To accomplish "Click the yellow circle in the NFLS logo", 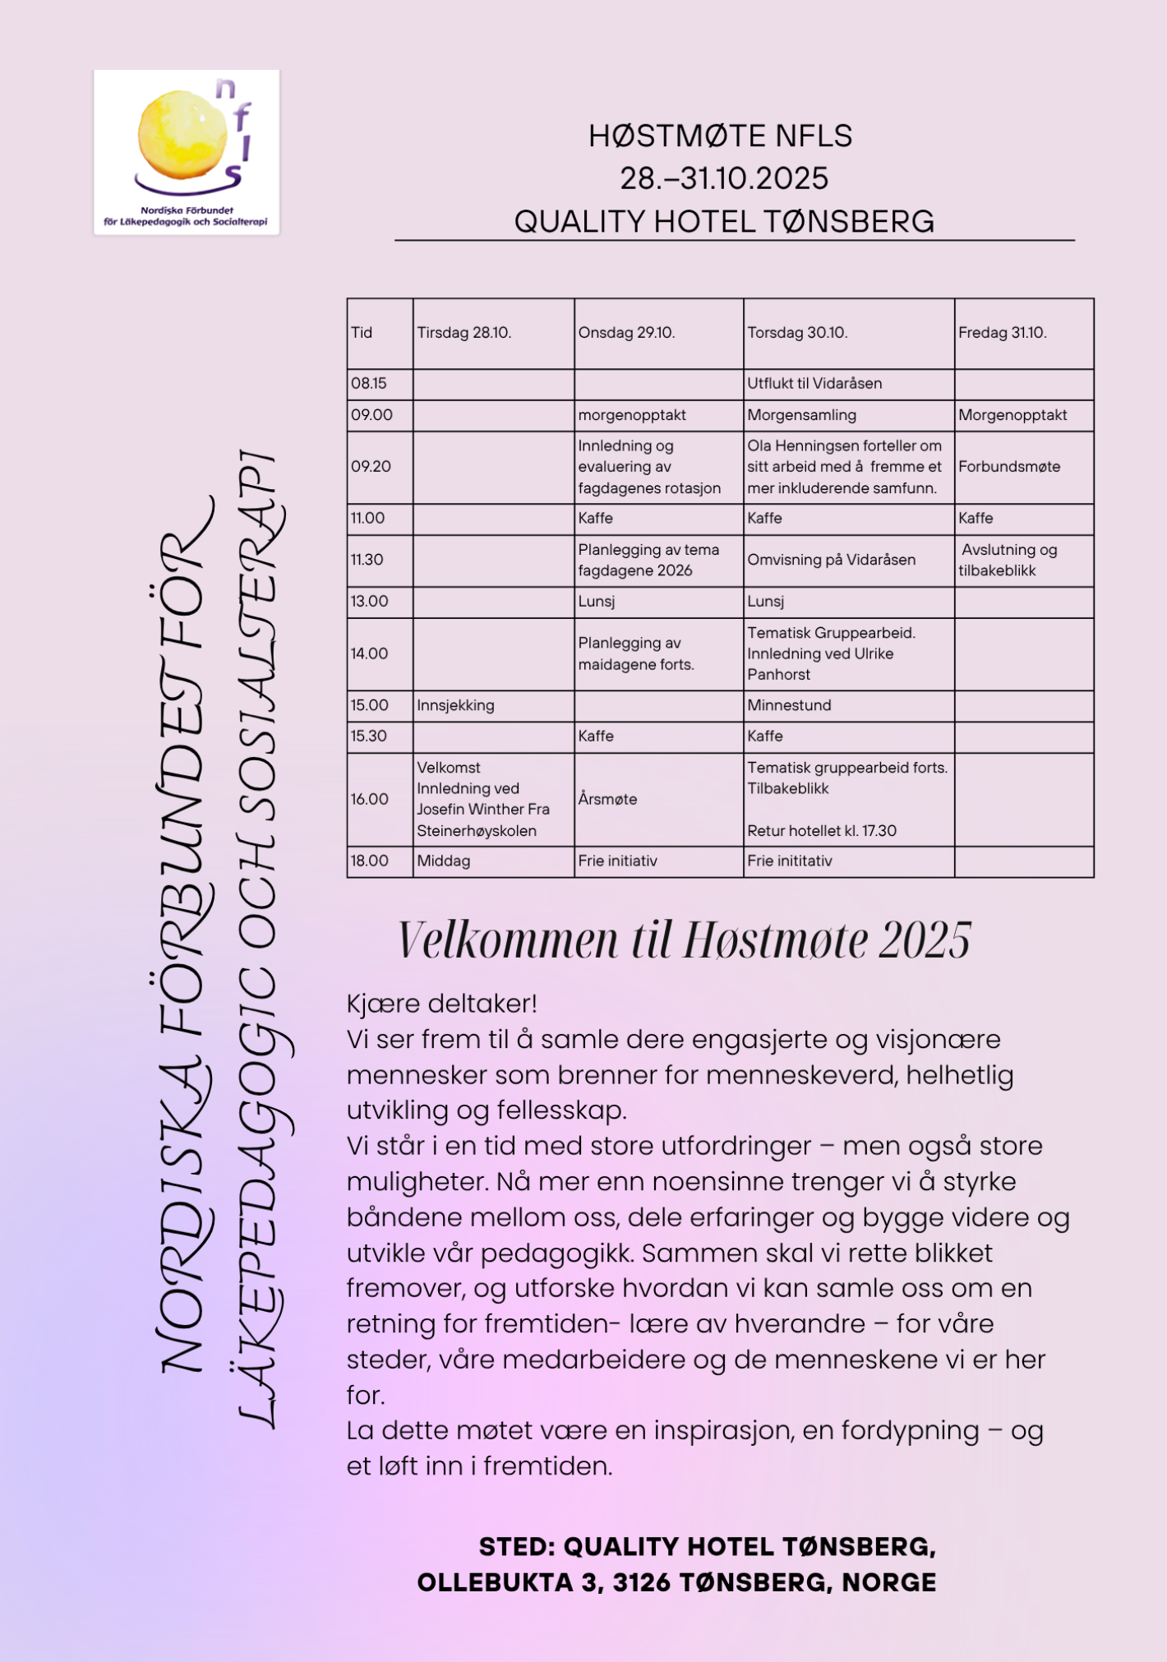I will [182, 135].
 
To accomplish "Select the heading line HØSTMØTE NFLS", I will [720, 136].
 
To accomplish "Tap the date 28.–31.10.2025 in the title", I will [723, 178].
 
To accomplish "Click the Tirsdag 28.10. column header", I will [464, 333].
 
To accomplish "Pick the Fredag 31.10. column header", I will [1002, 333].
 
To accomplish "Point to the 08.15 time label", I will [368, 384].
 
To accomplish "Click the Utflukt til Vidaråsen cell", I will [814, 384].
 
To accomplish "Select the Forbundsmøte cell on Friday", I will [1008, 467].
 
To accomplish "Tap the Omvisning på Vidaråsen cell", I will [830, 560].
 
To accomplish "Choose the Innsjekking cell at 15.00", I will [455, 705].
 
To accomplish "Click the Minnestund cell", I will [788, 705].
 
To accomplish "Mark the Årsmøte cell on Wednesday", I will [607, 799].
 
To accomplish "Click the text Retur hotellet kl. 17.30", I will [821, 830].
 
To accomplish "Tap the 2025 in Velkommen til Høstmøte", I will [924, 940].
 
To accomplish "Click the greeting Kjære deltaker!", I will [441, 1004].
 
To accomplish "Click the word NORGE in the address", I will [888, 1582].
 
